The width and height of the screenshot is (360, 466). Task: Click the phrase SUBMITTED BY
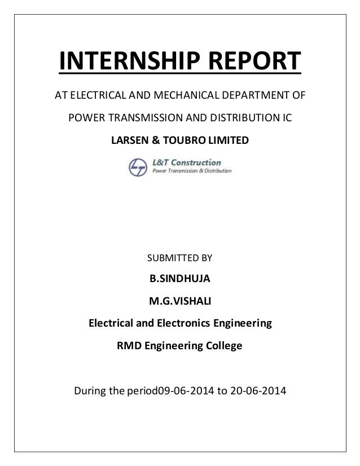tap(179, 258)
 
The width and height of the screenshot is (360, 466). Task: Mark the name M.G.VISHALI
tap(179, 302)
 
